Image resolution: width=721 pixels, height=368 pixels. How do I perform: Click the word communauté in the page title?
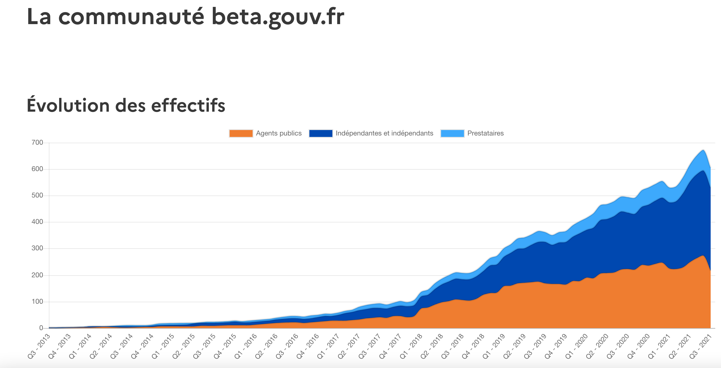[131, 17]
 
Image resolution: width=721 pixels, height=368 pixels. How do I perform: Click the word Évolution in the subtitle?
[68, 105]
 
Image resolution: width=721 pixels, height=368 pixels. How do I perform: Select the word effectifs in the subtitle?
[188, 105]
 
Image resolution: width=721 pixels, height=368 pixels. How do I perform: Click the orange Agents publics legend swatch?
[241, 133]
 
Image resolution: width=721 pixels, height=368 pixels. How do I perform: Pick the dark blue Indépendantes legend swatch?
[321, 133]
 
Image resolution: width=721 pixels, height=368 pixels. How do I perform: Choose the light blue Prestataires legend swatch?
[452, 133]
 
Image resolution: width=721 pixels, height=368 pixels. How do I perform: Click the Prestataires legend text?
[485, 133]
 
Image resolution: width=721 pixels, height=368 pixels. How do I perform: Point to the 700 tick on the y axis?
[37, 143]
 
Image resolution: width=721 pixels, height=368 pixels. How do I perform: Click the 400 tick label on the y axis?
[37, 222]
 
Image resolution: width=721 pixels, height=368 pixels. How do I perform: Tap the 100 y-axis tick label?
[37, 302]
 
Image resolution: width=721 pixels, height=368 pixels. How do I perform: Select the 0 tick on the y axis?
[41, 328]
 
